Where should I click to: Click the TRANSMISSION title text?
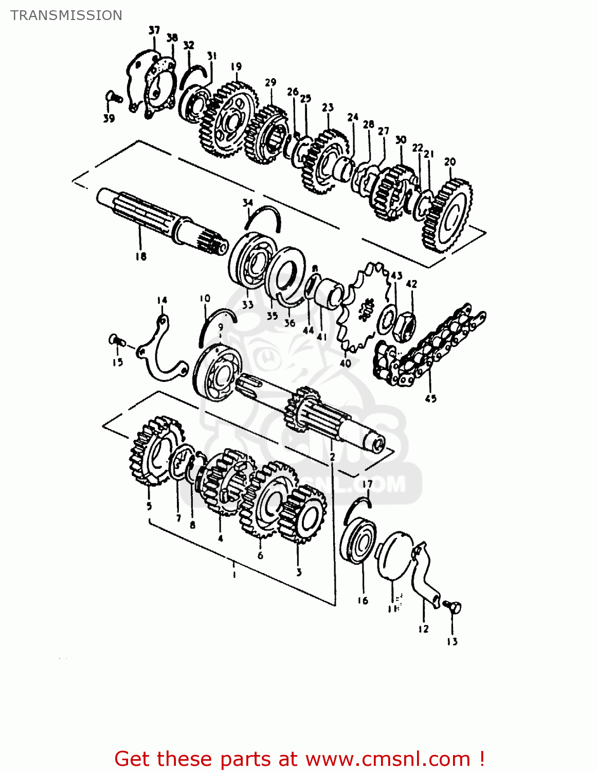66,15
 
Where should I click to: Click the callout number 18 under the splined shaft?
141,256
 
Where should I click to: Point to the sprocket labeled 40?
360,308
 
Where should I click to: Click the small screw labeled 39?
113,96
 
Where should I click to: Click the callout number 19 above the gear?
236,67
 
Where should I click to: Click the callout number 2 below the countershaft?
332,456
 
